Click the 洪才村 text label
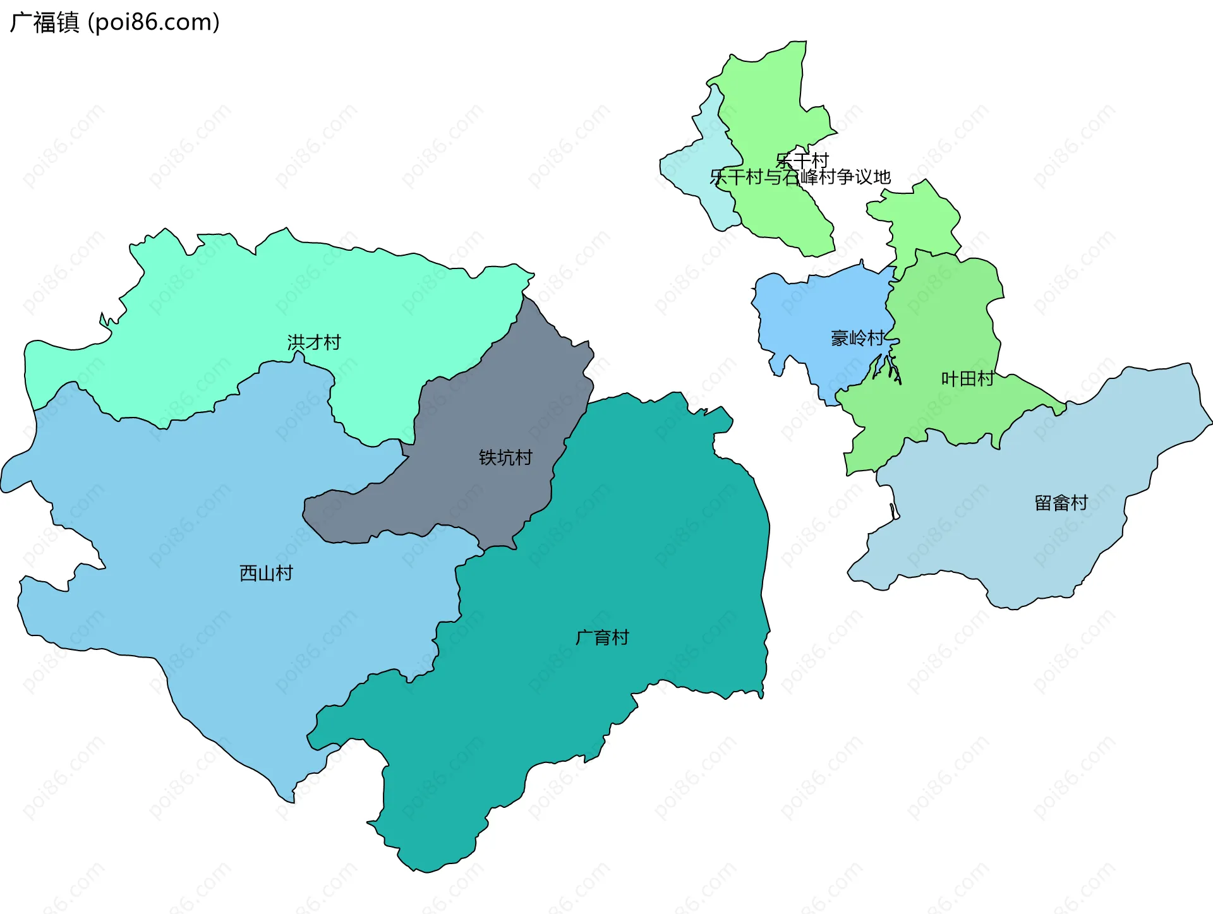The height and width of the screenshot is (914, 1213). pos(314,342)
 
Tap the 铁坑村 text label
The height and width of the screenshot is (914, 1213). pos(505,457)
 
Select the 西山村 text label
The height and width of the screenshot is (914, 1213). pos(266,573)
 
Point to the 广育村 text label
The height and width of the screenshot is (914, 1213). pos(602,637)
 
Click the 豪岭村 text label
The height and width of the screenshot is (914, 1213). pos(857,339)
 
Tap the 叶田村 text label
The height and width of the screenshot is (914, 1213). pos(967,379)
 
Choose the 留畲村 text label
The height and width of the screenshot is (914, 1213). pos(1061,503)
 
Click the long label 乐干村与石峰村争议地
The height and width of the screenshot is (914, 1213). pos(800,177)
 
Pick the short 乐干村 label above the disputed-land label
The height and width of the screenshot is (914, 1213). pos(802,160)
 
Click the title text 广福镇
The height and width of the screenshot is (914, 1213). pos(44,23)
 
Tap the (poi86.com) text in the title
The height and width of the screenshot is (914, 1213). pos(154,23)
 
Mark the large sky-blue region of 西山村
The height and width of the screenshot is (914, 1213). pos(190,505)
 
